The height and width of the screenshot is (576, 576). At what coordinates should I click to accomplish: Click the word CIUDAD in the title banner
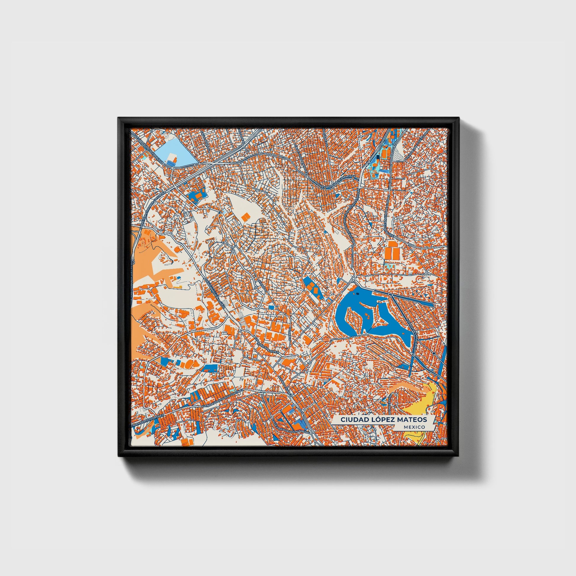click(x=351, y=419)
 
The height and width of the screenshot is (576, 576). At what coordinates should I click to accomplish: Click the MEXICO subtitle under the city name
click(x=414, y=427)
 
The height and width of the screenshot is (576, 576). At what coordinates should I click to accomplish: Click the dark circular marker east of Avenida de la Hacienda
click(x=434, y=353)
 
